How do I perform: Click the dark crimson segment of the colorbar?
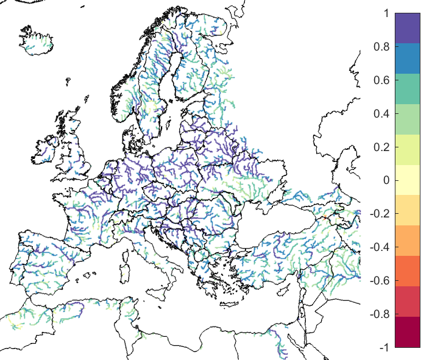[x=408, y=331]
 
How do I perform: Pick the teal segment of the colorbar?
[x=408, y=90]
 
